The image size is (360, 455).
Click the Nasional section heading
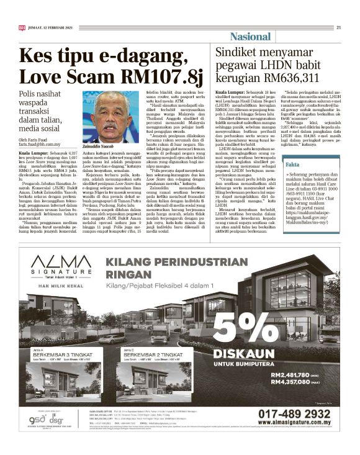[250, 37]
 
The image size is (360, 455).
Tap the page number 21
[339, 27]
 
